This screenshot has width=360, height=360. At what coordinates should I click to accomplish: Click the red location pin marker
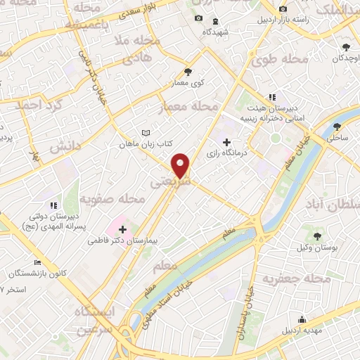[181, 166]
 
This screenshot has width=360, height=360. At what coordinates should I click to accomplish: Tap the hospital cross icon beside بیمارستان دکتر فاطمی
[123, 229]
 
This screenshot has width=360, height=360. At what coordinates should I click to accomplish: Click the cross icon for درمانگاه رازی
[226, 142]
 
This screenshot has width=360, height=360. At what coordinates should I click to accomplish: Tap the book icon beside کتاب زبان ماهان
[146, 133]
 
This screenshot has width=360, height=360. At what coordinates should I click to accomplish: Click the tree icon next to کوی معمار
[188, 71]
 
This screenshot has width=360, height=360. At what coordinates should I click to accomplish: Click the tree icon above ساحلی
[339, 127]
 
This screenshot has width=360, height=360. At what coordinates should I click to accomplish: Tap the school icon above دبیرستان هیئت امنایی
[271, 97]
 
